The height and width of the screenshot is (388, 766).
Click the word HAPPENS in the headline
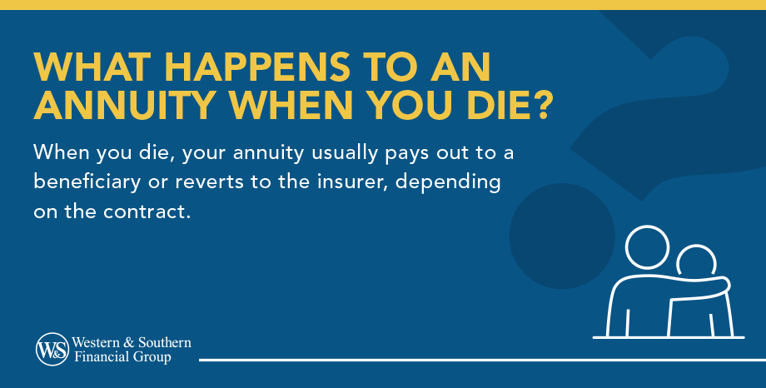257,67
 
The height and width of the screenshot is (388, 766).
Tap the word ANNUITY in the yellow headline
125,105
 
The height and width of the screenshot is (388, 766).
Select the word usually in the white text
345,153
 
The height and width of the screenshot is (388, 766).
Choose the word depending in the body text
448,183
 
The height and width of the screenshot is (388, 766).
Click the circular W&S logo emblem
52,349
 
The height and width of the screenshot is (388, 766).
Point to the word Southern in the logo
164,342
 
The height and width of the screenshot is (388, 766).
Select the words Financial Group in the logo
122,356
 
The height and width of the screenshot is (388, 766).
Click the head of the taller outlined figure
647,247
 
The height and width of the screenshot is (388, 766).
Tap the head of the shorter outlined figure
696,261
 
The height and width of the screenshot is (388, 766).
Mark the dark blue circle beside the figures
562,236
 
